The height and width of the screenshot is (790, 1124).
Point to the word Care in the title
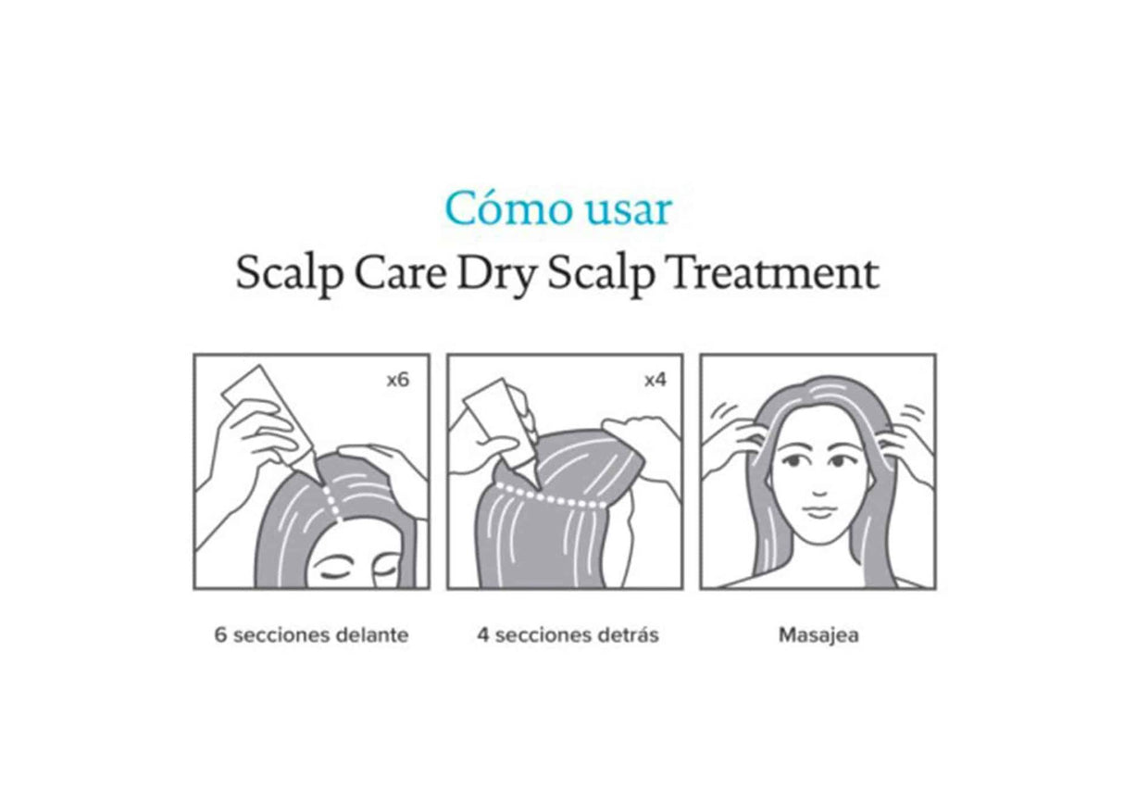[397, 273]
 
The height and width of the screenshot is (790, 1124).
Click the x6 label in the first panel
[396, 380]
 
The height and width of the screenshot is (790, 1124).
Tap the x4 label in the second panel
[655, 380]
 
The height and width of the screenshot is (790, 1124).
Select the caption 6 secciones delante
[311, 636]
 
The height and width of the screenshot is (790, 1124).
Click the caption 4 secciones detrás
[568, 636]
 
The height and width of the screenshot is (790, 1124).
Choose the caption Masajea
[818, 636]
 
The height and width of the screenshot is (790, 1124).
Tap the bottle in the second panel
[500, 422]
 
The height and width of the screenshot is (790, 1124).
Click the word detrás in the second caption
[630, 636]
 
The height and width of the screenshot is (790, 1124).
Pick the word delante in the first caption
[374, 636]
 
